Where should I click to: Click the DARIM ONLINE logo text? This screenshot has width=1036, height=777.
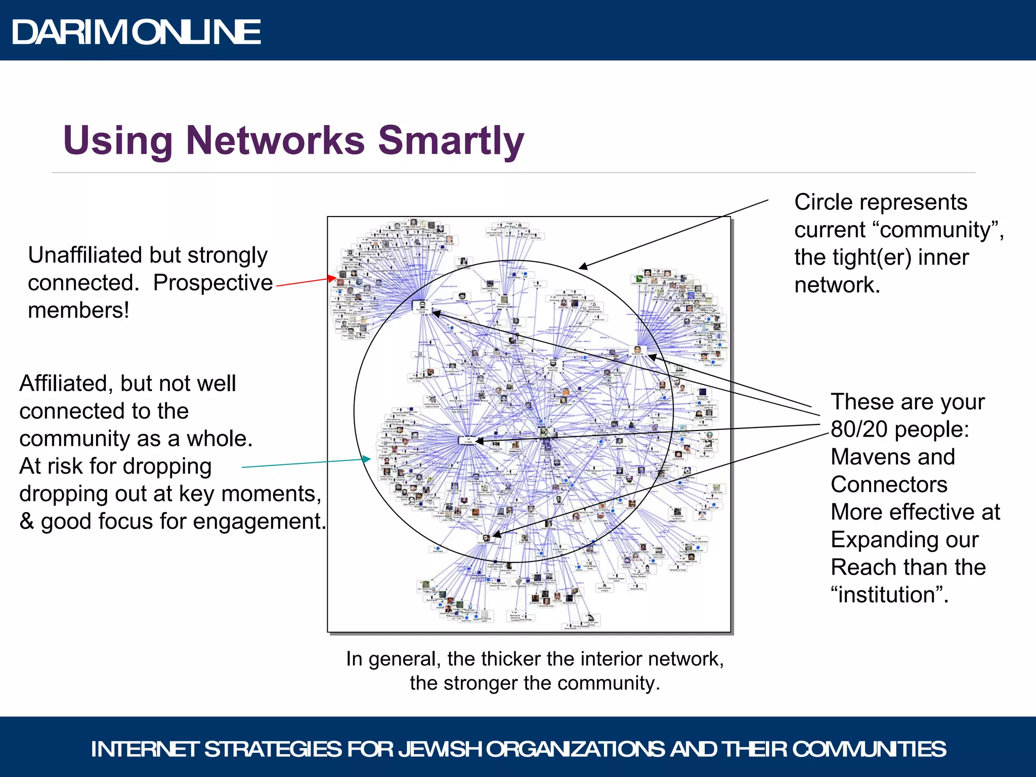click(136, 32)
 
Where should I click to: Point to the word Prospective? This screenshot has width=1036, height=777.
click(213, 283)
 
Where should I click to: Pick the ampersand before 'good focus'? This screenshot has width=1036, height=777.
click(26, 522)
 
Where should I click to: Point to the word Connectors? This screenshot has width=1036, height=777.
click(889, 485)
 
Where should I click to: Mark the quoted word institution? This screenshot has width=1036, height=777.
click(888, 595)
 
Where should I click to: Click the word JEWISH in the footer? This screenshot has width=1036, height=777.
click(440, 749)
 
